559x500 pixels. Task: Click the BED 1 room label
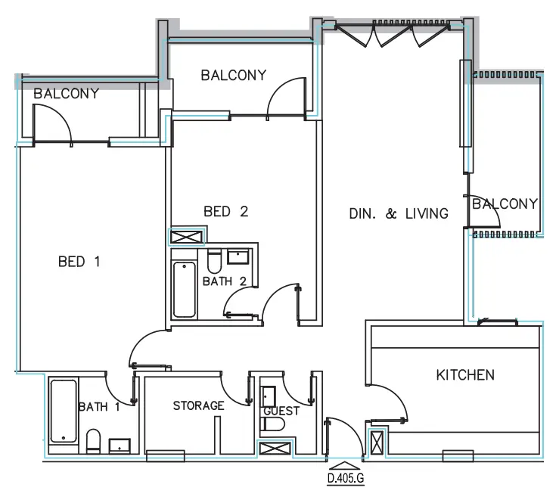(x=79, y=262)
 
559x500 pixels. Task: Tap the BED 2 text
(x=225, y=212)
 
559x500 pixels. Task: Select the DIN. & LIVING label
(x=398, y=214)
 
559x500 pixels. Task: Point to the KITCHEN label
(x=465, y=374)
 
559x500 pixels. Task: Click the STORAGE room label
(x=198, y=406)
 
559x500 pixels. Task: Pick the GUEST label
(x=281, y=411)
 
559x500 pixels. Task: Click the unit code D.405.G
(x=346, y=478)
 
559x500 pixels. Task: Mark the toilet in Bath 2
(x=213, y=262)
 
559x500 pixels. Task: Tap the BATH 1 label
(x=99, y=407)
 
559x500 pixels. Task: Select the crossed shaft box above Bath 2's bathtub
(x=185, y=237)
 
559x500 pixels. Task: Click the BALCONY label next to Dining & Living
(x=504, y=203)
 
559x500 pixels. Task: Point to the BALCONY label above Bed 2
(x=233, y=75)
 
